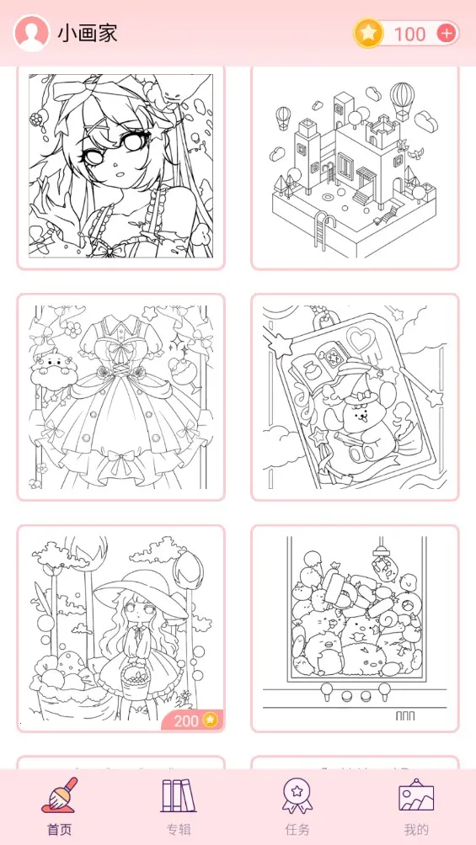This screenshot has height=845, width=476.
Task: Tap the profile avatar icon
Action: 31,33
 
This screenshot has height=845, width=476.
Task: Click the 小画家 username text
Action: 88,34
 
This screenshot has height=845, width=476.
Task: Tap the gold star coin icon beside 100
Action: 369,34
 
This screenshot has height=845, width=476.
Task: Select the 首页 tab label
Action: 59,829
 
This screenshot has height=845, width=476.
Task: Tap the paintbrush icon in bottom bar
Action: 59,795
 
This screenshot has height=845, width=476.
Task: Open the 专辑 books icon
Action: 179,795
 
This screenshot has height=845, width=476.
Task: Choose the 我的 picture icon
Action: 416,795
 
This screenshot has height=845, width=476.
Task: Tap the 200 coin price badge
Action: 193,720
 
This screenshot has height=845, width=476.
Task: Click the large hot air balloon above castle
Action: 402,100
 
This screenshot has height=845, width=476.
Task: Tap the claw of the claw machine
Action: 382,551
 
